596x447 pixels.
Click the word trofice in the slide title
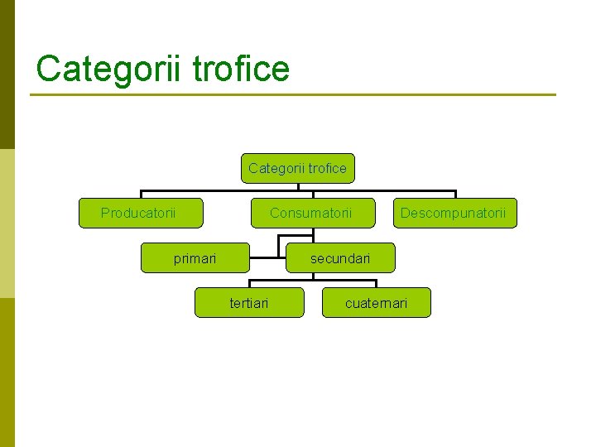241,69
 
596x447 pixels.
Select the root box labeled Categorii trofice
298,169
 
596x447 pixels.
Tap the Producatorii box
140,213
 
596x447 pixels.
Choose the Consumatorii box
311,213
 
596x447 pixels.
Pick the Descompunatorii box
454,213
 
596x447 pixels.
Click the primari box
195,258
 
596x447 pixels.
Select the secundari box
340,258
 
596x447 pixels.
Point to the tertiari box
249,303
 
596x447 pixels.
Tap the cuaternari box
377,303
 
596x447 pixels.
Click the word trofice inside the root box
324,169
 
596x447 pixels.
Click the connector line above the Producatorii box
141,194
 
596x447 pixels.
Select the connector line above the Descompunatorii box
454,194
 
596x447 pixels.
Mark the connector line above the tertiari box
250,283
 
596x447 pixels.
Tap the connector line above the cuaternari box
377,283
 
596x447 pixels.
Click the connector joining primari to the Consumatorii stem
263,258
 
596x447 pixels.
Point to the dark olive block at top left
7,74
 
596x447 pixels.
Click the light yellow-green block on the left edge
7,223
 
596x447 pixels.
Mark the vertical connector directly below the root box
298,187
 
